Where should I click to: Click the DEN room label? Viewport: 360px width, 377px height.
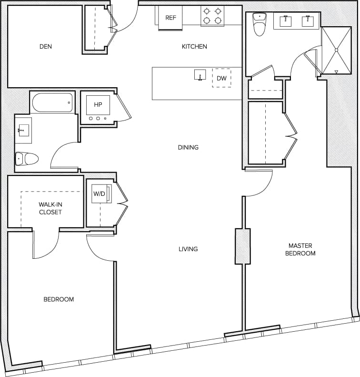point(46,47)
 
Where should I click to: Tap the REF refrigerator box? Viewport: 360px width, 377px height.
point(170,18)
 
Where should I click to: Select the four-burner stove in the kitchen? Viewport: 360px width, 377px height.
point(212,15)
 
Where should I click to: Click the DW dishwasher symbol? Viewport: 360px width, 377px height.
point(221,78)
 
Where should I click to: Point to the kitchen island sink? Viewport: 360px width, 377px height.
point(200,75)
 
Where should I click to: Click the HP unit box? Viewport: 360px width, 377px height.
point(98,105)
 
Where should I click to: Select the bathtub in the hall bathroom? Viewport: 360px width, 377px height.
point(52,102)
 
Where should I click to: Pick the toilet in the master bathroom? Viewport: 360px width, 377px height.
point(260,25)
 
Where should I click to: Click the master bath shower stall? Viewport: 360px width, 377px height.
point(336,50)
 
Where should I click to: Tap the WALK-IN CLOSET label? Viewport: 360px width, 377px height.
point(50,208)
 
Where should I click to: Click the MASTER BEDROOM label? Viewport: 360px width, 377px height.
point(300,249)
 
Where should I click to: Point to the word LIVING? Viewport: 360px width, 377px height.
point(188,249)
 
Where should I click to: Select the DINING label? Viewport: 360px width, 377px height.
point(188,147)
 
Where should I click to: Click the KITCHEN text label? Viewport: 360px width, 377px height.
point(194,47)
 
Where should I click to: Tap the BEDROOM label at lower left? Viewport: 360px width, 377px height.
point(59,299)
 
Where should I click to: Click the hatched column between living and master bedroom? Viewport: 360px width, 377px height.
point(242,246)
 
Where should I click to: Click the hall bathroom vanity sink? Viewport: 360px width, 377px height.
point(23,130)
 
